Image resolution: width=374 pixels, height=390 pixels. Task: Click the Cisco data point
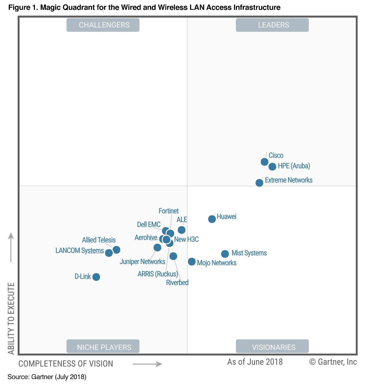[264, 162]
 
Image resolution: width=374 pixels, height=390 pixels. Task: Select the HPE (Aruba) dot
[272, 166]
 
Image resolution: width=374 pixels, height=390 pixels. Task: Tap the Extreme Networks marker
[259, 183]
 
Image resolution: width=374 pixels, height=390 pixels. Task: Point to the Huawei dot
[212, 219]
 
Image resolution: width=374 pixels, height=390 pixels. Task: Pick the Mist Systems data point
[225, 254]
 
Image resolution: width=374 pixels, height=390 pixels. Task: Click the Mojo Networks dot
[192, 262]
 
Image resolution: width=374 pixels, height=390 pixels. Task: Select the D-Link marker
[96, 277]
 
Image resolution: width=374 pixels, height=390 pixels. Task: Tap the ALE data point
[182, 230]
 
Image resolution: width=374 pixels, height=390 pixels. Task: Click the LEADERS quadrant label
[272, 25]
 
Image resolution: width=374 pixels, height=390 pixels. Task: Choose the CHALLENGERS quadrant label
[103, 25]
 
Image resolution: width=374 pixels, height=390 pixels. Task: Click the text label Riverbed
[177, 283]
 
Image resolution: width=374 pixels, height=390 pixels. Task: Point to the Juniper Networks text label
[143, 262]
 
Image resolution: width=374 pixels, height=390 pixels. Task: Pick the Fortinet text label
[168, 211]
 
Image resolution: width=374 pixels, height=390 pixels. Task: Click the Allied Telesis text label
[99, 240]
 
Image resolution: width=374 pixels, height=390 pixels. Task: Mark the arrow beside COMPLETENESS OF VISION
[147, 364]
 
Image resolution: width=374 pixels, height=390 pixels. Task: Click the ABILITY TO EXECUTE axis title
[11, 318]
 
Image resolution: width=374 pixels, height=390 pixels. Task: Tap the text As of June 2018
[255, 362]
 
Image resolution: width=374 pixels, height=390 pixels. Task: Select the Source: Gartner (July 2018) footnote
[47, 377]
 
